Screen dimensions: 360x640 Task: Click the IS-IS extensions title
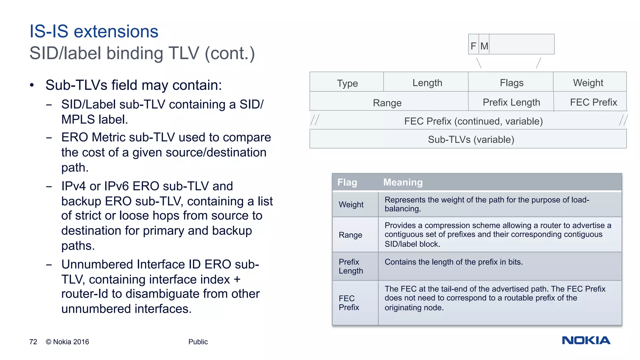click(x=94, y=32)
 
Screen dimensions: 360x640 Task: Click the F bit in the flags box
click(x=473, y=46)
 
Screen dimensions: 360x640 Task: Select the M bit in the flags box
click(x=484, y=46)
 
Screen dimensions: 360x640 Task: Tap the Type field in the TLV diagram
click(x=347, y=83)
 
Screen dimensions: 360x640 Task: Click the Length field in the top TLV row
click(x=427, y=82)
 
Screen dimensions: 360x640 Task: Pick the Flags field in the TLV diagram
click(x=512, y=82)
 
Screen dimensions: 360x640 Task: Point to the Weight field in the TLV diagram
click(x=588, y=82)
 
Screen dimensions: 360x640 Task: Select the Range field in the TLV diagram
click(x=387, y=102)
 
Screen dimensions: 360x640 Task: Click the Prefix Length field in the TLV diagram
click(x=511, y=102)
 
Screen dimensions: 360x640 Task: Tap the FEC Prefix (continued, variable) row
click(x=473, y=121)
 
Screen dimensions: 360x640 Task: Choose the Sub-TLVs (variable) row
click(x=471, y=139)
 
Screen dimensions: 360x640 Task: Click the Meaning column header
click(x=403, y=182)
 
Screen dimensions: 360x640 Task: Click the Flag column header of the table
click(x=347, y=182)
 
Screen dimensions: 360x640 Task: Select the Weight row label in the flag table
click(x=351, y=204)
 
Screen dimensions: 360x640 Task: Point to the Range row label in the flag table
click(x=350, y=235)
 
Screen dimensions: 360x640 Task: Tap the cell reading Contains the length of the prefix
click(x=453, y=262)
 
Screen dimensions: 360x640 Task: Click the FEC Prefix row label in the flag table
click(x=349, y=302)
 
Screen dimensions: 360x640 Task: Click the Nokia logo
click(x=586, y=340)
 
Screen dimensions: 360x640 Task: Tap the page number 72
click(x=33, y=342)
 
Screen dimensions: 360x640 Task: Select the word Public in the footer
click(x=198, y=342)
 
